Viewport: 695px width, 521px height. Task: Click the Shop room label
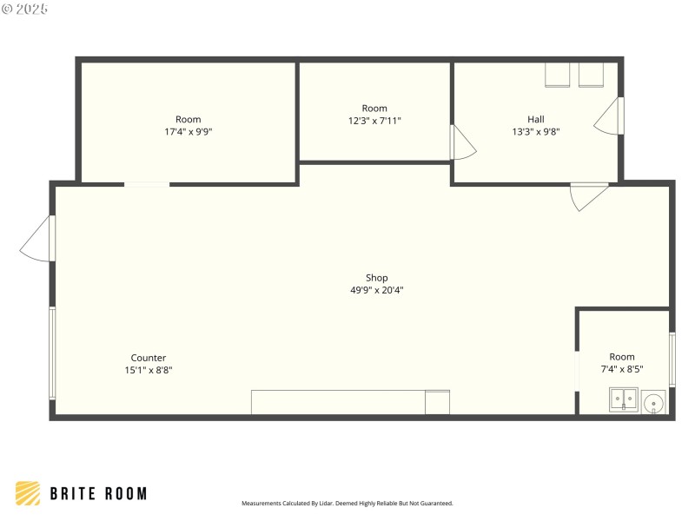[376, 278]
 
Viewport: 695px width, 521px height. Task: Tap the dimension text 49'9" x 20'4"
[376, 291]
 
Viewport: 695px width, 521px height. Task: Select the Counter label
[148, 358]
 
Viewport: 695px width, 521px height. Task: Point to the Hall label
[535, 120]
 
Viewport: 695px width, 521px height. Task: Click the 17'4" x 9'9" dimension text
[188, 132]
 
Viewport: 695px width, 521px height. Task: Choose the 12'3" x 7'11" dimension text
[374, 121]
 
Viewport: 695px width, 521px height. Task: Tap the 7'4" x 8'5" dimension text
[621, 369]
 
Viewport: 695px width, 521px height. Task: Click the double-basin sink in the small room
[623, 400]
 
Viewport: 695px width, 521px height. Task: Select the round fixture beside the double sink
[653, 402]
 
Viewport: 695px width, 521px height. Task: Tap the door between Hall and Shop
[588, 195]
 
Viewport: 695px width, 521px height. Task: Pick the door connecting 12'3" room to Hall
[461, 143]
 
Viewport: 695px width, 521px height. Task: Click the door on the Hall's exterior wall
[610, 115]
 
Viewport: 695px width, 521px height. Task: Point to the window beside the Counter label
[52, 353]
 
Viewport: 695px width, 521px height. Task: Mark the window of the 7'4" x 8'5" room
[672, 359]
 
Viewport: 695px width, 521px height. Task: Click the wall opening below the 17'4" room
[147, 184]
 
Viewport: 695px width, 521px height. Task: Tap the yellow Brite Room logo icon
[28, 493]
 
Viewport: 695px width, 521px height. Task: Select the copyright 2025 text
[25, 9]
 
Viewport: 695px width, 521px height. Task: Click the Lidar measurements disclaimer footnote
[347, 504]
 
